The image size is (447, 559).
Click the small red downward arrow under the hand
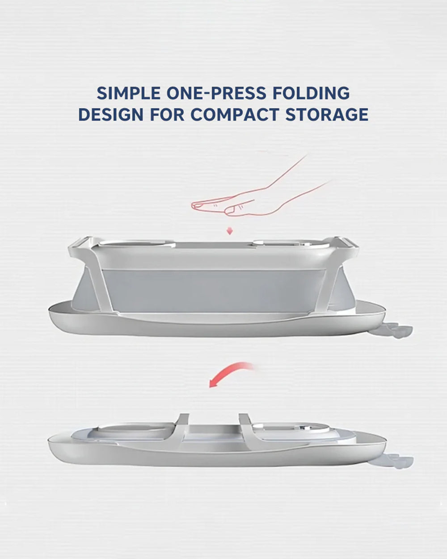pyautogui.click(x=230, y=231)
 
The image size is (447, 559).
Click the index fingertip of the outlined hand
pyautogui.click(x=194, y=206)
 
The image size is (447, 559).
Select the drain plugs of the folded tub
pyautogui.click(x=400, y=460)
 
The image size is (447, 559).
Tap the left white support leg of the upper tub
pyautogui.click(x=103, y=286)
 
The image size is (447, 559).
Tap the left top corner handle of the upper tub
pyautogui.click(x=80, y=246)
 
